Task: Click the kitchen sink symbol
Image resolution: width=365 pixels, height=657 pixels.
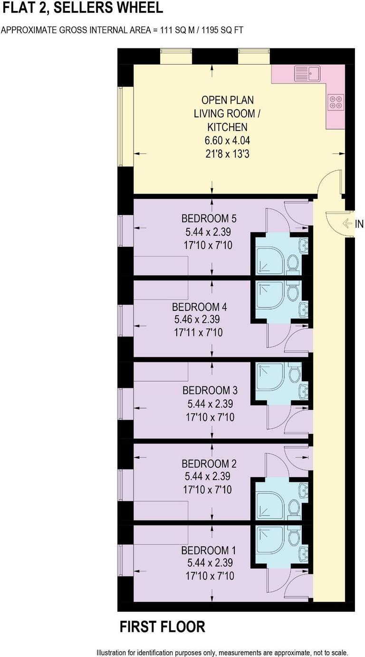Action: click(x=307, y=74)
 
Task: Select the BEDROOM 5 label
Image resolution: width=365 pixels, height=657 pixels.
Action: click(x=209, y=219)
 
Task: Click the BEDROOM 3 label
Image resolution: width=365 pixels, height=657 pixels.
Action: click(x=210, y=390)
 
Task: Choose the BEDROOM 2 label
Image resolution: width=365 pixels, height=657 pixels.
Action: click(x=209, y=463)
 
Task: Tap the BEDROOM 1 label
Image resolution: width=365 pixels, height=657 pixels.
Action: click(x=209, y=551)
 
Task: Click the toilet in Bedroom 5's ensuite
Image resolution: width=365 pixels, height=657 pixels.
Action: click(x=293, y=263)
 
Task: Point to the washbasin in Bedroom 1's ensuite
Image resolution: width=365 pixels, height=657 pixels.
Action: click(x=303, y=553)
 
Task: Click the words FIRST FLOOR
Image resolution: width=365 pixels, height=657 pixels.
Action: click(x=162, y=627)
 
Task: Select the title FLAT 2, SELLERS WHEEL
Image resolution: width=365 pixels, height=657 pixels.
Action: click(x=82, y=8)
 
